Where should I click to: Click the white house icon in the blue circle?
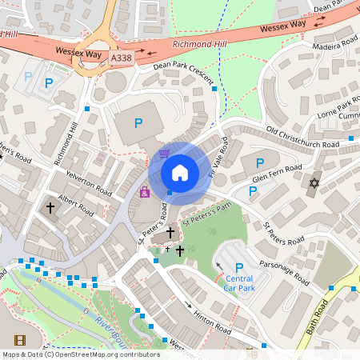[x=180, y=173]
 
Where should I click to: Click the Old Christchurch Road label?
[x=307, y=137]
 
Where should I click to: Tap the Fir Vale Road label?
[x=218, y=157]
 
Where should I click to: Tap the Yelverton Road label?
[x=88, y=178]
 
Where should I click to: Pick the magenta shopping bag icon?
[x=145, y=192]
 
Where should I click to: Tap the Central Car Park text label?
[x=238, y=282]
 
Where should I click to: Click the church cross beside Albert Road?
[x=50, y=207]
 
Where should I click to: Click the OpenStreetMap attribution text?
[x=80, y=354]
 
